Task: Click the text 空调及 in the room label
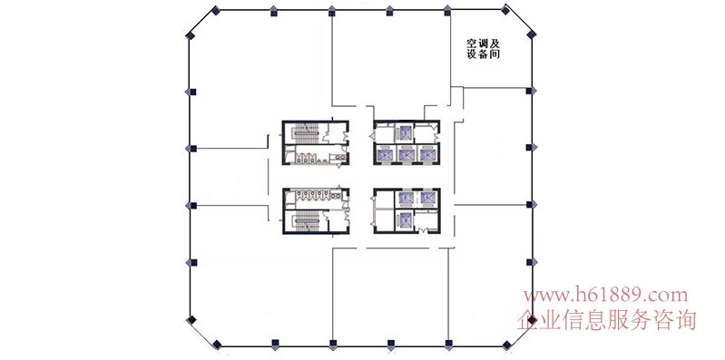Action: (x=483, y=44)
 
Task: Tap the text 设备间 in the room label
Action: (x=483, y=54)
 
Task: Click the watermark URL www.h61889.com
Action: (x=605, y=295)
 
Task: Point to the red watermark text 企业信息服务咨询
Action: (x=607, y=320)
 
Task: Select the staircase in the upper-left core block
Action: (x=306, y=133)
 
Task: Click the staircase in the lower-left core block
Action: (x=306, y=220)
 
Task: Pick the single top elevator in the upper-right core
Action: (x=406, y=132)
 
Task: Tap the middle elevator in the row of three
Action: (x=406, y=154)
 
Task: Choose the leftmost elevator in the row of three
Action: (x=385, y=154)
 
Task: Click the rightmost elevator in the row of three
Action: (x=426, y=154)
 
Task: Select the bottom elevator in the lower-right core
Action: (x=406, y=220)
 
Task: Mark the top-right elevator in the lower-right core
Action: (x=426, y=199)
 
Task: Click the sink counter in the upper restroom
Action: (x=341, y=157)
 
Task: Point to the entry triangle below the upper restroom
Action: (x=339, y=166)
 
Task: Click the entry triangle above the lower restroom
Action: (x=339, y=186)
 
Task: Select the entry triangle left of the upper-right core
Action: (x=371, y=136)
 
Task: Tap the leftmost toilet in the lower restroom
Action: (x=300, y=193)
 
